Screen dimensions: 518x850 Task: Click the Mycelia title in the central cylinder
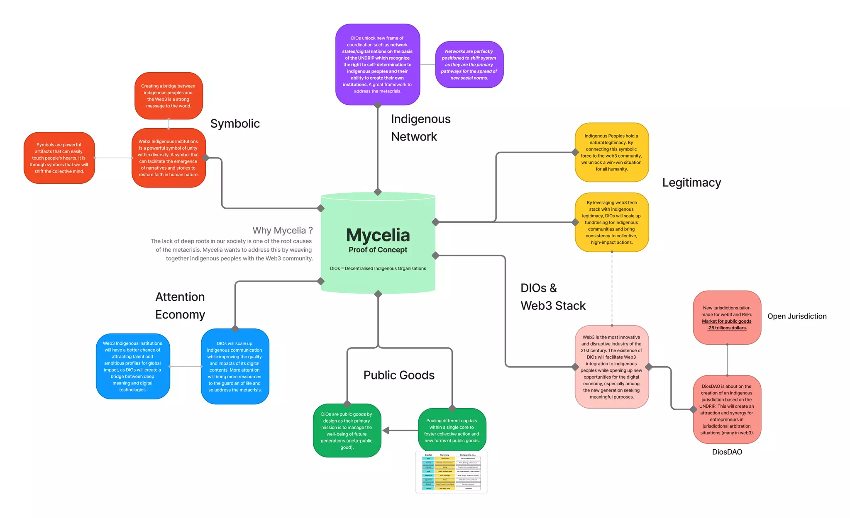(x=378, y=235)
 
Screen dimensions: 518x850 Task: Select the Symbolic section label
(x=235, y=124)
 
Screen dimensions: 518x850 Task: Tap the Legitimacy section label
(x=691, y=182)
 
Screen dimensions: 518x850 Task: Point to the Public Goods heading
(x=399, y=375)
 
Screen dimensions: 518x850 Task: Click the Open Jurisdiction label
(x=796, y=316)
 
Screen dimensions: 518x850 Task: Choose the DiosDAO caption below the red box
(x=727, y=452)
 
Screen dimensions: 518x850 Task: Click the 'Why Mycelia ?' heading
(x=282, y=230)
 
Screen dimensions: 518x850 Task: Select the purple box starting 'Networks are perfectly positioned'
(x=469, y=64)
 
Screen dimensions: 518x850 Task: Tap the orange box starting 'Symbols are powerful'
(x=59, y=158)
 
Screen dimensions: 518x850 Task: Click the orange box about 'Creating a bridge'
(x=169, y=96)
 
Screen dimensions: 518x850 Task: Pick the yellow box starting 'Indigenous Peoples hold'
(x=611, y=152)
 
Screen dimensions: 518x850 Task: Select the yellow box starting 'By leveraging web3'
(x=611, y=222)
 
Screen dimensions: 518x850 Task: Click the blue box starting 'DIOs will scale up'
(x=235, y=366)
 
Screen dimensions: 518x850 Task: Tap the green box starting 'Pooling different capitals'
(x=452, y=430)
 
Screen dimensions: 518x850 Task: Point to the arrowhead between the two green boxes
(x=386, y=430)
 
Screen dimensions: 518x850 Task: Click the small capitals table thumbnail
(x=452, y=472)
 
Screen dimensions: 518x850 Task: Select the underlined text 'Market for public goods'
(x=726, y=321)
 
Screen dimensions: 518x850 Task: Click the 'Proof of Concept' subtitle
(x=378, y=250)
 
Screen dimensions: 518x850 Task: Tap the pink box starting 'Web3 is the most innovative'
(x=611, y=367)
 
